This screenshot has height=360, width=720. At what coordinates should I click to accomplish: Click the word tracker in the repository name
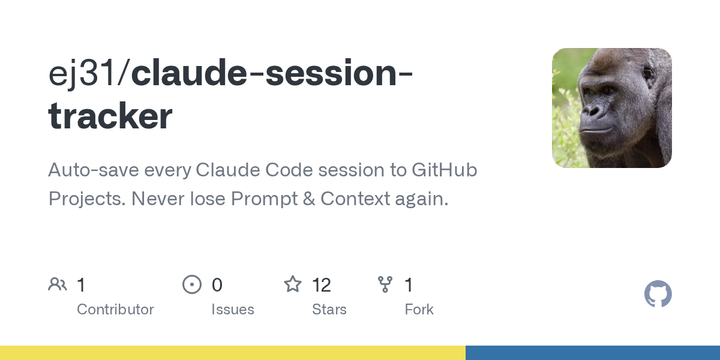tap(110, 117)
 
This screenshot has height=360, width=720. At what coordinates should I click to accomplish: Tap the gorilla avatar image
tap(611, 107)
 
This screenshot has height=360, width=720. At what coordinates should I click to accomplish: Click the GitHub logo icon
tap(658, 294)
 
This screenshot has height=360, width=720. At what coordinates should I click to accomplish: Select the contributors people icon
tap(57, 285)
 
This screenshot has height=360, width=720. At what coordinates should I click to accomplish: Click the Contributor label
tap(115, 310)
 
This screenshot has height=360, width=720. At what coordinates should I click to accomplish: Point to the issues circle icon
tap(192, 285)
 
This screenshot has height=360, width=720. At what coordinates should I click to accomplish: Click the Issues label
tap(232, 310)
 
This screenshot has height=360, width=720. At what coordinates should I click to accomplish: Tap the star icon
tap(293, 285)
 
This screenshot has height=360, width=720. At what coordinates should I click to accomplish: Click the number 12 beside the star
tap(321, 285)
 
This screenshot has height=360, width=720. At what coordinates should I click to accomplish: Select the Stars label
tap(329, 310)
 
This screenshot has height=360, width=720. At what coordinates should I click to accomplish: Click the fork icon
tap(385, 285)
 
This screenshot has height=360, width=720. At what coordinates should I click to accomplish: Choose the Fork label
tap(419, 310)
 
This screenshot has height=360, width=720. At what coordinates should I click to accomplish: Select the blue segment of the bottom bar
tap(592, 353)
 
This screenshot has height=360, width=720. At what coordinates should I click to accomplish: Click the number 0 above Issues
tap(217, 285)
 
